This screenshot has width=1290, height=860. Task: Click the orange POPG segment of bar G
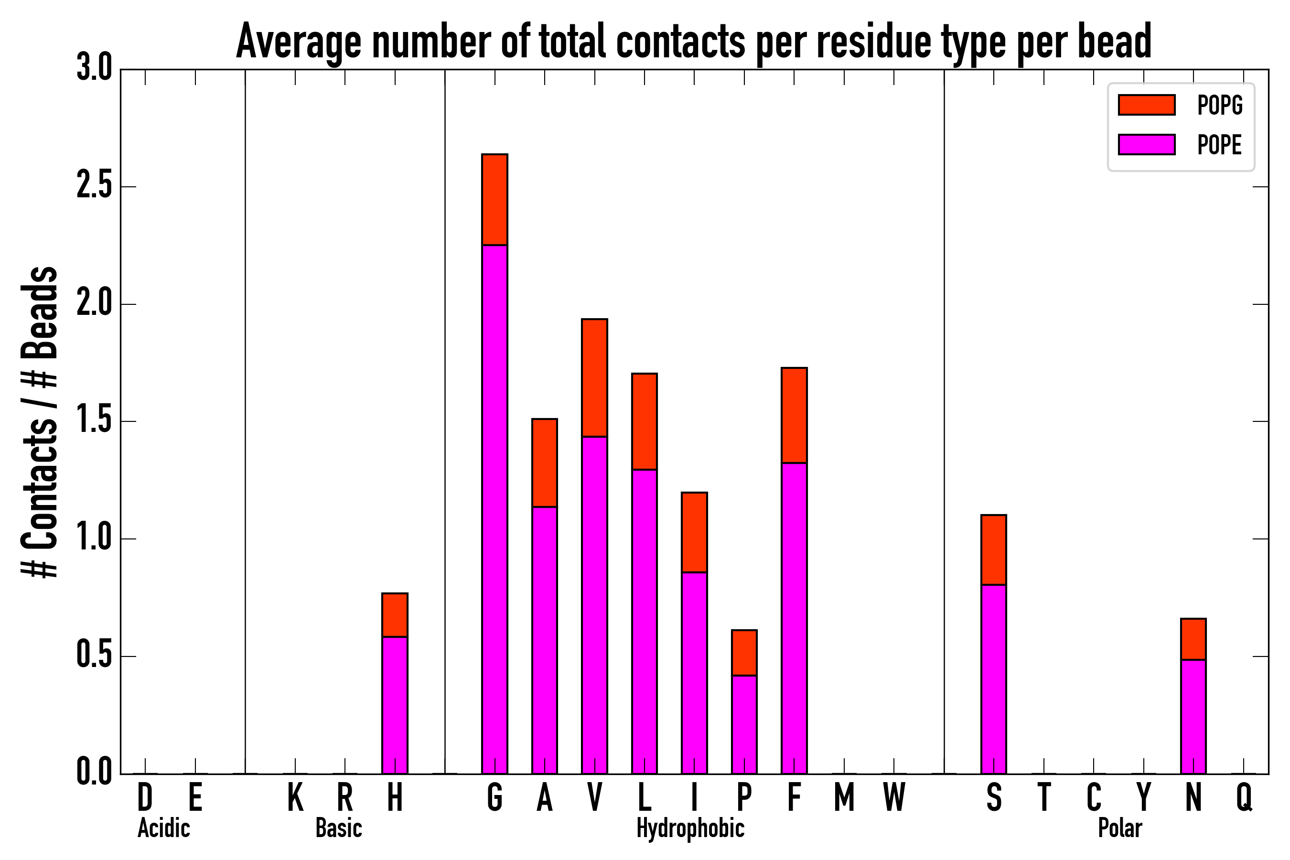(x=494, y=200)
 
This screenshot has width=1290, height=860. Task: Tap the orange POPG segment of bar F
(x=794, y=415)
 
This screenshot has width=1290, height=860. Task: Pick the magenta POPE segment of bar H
(x=395, y=705)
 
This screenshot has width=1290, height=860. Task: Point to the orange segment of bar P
(x=744, y=653)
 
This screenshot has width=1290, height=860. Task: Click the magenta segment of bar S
(x=994, y=679)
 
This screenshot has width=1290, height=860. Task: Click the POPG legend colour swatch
(x=1147, y=105)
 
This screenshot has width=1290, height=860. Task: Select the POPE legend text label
(x=1220, y=145)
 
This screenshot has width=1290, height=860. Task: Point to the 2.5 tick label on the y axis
(x=94, y=186)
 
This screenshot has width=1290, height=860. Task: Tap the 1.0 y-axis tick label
(x=94, y=538)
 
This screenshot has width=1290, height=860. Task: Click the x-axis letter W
(x=894, y=797)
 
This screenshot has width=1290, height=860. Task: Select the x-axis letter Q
(x=1244, y=797)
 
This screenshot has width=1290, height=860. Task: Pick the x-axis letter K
(x=295, y=797)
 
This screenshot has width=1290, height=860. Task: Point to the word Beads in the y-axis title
(x=40, y=312)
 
